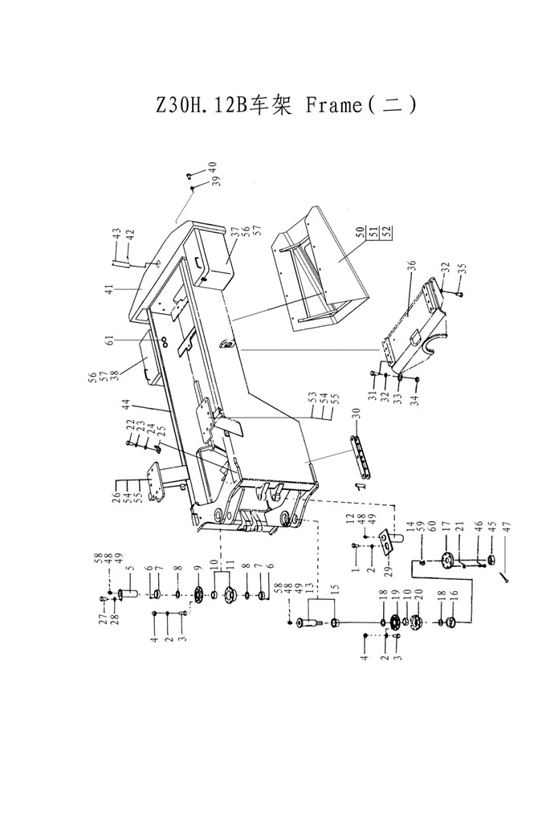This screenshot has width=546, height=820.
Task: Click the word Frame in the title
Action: (x=334, y=105)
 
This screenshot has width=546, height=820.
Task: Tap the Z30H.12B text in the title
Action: (x=202, y=106)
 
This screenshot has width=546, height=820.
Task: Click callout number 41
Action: (x=108, y=290)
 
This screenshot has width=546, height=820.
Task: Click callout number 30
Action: (x=357, y=414)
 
